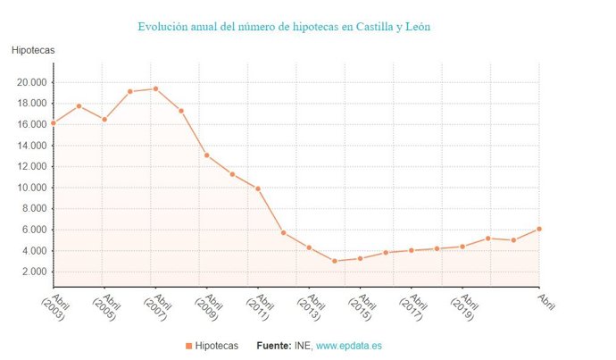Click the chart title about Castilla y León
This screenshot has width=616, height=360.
(284, 27)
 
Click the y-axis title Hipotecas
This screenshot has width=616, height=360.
(33, 50)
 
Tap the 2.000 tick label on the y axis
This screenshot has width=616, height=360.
(33, 272)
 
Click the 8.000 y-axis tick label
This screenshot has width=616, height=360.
(33, 209)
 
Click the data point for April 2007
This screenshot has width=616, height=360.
(155, 88)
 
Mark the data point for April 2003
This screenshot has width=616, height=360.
(54, 123)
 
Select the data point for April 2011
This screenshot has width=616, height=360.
(258, 188)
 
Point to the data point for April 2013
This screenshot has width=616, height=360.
(309, 247)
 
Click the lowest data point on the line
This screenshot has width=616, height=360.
(335, 261)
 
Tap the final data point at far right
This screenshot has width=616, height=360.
(539, 229)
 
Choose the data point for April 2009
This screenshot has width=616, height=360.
(207, 155)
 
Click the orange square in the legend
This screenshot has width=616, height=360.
(188, 346)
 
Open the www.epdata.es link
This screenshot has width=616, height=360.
(349, 346)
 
